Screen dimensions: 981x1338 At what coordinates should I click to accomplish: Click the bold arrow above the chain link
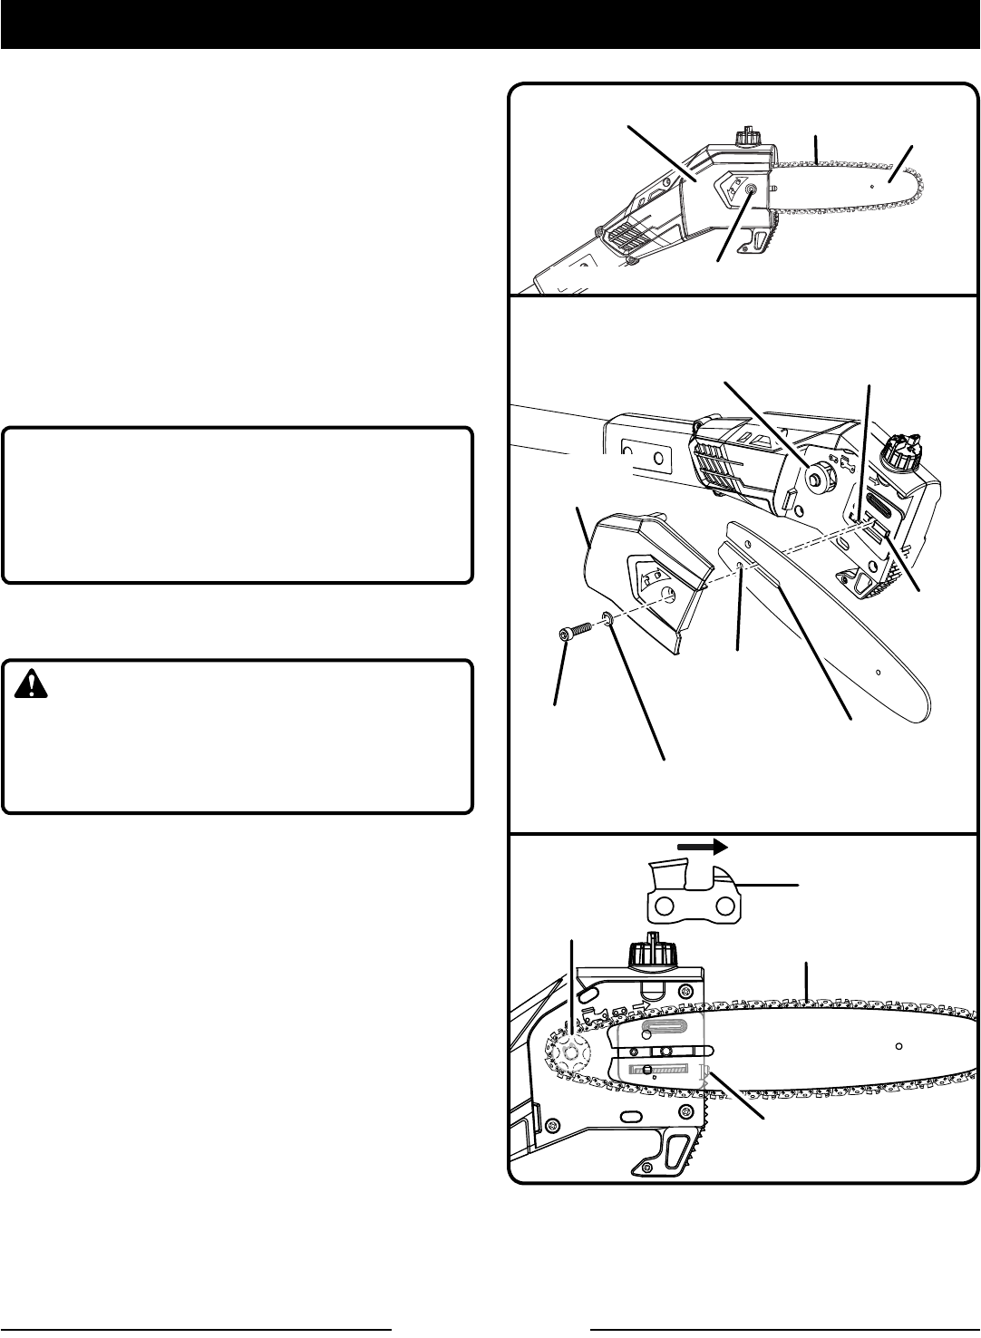point(703,847)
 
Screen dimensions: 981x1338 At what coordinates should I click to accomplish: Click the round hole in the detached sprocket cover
point(669,594)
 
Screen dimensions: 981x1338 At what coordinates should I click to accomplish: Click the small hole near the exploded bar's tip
point(878,672)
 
